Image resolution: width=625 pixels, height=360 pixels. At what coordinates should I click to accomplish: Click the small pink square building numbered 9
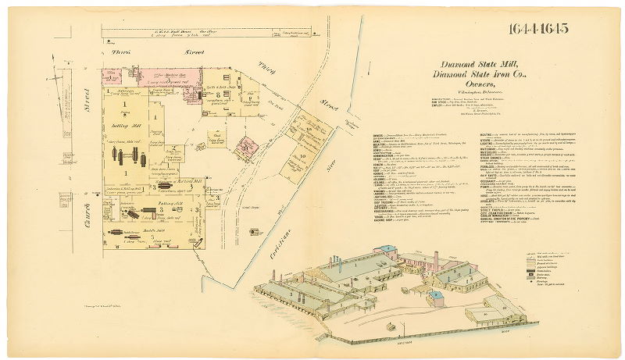click(x=248, y=145)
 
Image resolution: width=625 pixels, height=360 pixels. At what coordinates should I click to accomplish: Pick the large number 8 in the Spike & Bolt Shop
click(x=226, y=93)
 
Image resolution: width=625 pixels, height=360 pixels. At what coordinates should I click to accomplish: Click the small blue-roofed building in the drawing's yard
click(x=435, y=295)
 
